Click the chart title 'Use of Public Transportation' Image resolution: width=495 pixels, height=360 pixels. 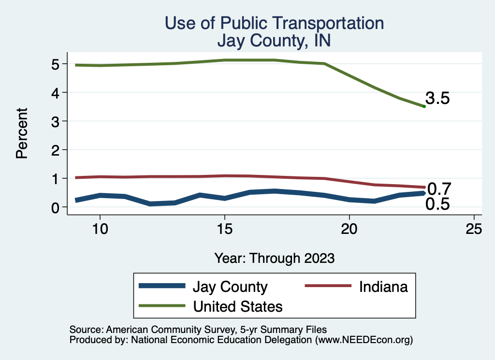(x=274, y=23)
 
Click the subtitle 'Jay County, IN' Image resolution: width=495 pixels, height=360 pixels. (x=274, y=41)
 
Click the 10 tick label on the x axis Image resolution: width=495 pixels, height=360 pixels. (x=100, y=230)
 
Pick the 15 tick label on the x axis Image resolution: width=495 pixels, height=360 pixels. (x=224, y=230)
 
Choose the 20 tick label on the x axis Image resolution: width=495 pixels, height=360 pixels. (x=349, y=230)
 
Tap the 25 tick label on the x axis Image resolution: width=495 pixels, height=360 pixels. (x=474, y=230)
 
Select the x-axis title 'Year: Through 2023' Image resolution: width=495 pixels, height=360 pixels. (x=274, y=258)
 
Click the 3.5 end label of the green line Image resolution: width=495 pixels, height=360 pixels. (x=437, y=99)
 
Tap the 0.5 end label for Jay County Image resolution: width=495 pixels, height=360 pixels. (x=437, y=204)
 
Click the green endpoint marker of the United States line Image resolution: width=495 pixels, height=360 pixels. (x=424, y=106)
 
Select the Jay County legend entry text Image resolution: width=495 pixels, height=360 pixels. (x=230, y=287)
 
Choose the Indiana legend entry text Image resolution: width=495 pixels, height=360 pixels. (x=383, y=287)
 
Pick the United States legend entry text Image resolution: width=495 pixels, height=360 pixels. (x=238, y=306)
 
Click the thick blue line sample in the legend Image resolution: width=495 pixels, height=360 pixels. (x=162, y=286)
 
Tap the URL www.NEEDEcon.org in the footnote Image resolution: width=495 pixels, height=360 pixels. (x=363, y=340)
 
